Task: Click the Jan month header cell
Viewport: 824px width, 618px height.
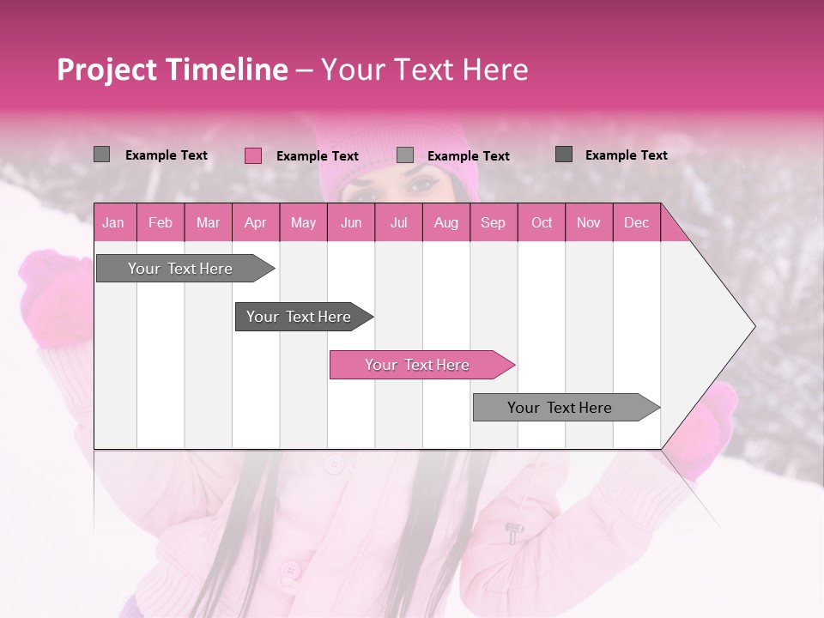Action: (x=113, y=222)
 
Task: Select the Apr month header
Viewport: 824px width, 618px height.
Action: (x=255, y=222)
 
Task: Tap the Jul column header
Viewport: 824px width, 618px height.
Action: (x=398, y=222)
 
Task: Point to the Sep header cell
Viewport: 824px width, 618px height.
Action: (x=493, y=222)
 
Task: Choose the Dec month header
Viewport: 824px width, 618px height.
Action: (x=636, y=222)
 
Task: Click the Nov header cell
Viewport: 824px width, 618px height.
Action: (x=588, y=222)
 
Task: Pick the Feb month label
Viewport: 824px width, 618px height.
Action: (x=161, y=222)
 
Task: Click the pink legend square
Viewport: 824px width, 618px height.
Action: (x=253, y=155)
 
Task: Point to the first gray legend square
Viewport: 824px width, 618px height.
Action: (x=101, y=154)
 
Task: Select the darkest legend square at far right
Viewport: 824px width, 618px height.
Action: (x=564, y=154)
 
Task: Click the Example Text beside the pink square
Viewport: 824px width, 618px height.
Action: (x=317, y=156)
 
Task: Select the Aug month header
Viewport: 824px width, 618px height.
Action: (x=445, y=222)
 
